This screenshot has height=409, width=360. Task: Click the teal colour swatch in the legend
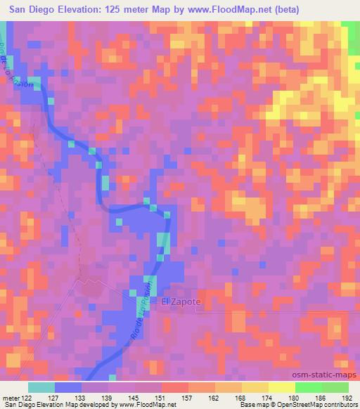[41, 387]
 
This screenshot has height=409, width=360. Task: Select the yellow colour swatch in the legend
[281, 387]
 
